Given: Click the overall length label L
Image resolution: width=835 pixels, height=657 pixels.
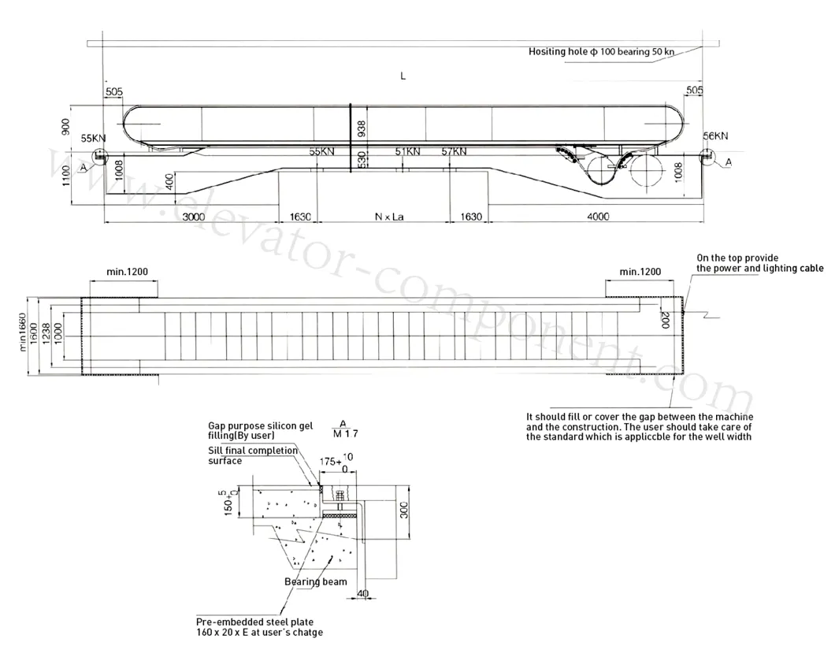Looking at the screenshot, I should click(x=403, y=76).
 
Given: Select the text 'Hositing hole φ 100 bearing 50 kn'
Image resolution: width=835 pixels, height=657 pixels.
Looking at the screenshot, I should click(x=602, y=52).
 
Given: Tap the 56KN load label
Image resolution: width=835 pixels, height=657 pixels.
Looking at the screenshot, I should click(x=715, y=136).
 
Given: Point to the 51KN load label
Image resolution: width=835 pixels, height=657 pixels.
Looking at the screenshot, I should click(x=407, y=150).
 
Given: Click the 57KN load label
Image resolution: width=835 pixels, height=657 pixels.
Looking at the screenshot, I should click(x=454, y=150).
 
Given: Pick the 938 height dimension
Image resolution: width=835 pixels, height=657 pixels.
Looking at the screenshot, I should click(x=362, y=128).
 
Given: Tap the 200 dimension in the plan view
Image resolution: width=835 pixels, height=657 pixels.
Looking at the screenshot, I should click(x=666, y=319).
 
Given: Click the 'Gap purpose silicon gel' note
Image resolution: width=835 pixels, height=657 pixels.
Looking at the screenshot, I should click(x=261, y=425).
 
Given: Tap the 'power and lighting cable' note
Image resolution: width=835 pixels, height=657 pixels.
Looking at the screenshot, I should click(x=760, y=268).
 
